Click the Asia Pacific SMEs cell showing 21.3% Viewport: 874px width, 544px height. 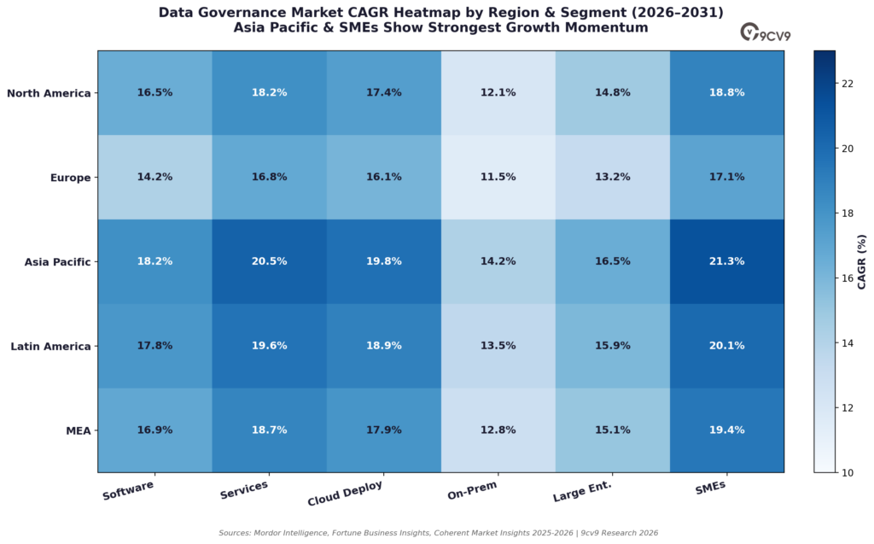(x=727, y=261)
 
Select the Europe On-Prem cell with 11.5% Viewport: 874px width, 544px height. (x=498, y=177)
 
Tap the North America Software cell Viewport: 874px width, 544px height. (x=155, y=92)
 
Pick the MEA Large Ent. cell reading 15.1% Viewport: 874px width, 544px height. (x=613, y=430)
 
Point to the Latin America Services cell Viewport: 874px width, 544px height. (x=269, y=346)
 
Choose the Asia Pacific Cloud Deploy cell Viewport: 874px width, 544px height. (x=384, y=261)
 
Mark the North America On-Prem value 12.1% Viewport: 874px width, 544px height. (x=498, y=92)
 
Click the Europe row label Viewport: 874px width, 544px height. (x=70, y=178)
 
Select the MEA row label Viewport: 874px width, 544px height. (x=78, y=430)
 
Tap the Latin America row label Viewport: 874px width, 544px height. (x=50, y=347)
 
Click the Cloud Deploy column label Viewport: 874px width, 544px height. (x=345, y=493)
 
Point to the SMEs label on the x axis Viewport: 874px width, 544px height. (x=711, y=487)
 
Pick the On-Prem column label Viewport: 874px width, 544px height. (x=472, y=490)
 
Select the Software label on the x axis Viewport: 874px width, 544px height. (x=128, y=490)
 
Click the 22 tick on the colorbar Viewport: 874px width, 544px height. (x=848, y=84)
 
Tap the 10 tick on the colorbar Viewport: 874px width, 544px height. (x=848, y=473)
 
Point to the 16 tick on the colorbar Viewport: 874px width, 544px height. (x=848, y=278)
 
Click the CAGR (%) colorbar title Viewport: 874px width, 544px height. (x=862, y=261)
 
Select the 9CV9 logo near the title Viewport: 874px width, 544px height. (x=766, y=33)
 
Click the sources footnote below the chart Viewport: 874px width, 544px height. (x=438, y=533)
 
